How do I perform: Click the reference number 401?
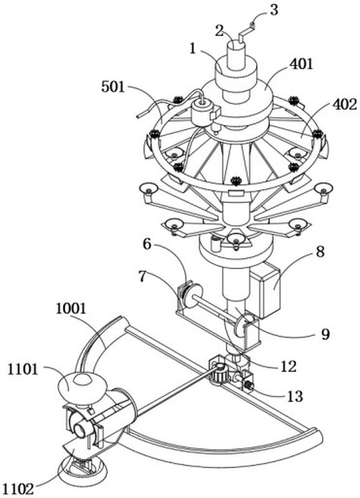click(301, 64)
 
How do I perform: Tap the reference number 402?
click(344, 104)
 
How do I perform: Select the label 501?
click(113, 87)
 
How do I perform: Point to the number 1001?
click(70, 309)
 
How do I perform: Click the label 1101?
click(22, 370)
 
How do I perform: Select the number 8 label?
click(320, 252)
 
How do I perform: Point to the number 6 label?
click(147, 244)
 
